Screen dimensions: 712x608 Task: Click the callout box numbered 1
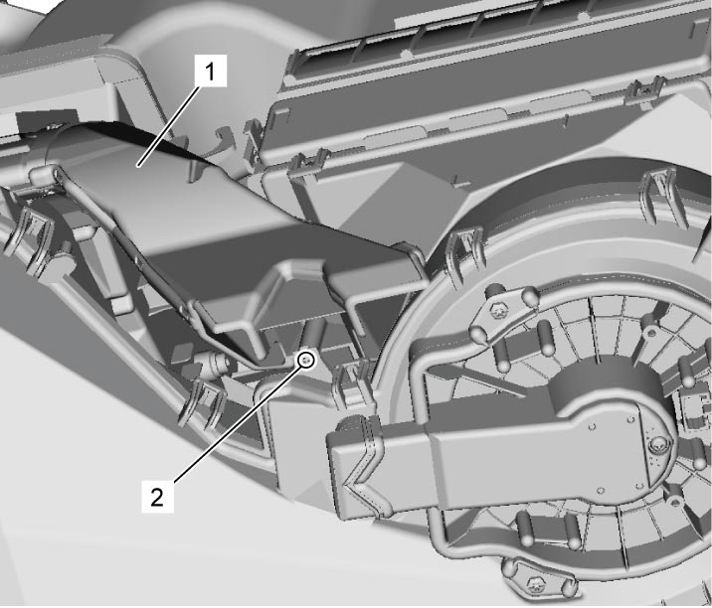click(210, 71)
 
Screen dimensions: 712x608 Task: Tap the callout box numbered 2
click(157, 497)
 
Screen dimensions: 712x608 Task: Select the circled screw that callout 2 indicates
click(306, 360)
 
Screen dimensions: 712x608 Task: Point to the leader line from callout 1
click(169, 126)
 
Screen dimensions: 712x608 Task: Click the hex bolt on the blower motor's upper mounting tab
click(498, 312)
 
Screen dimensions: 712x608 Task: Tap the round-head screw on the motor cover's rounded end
click(656, 445)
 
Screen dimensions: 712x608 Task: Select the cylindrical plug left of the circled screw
click(213, 362)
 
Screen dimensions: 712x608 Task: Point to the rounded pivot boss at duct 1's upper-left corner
click(44, 174)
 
